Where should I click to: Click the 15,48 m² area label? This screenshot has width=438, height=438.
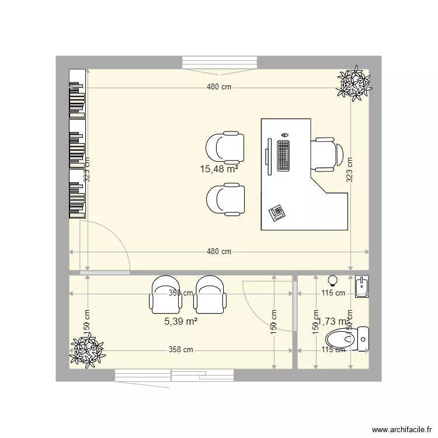point(220,169)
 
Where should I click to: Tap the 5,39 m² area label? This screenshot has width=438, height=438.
point(180,320)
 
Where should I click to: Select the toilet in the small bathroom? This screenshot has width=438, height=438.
point(348,339)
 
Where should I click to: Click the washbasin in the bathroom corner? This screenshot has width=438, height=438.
point(362,287)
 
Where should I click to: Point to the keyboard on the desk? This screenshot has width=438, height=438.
point(284,156)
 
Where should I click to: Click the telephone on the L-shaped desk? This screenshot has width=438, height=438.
point(277,212)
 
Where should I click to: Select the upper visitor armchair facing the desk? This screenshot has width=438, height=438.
point(225,147)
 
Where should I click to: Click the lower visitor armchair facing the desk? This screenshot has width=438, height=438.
point(225,200)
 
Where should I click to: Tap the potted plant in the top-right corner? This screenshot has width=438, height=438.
point(353,83)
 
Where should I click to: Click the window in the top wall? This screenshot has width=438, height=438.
point(220,62)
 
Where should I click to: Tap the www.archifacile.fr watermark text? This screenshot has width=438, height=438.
point(399,429)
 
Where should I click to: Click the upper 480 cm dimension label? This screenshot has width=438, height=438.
point(219,87)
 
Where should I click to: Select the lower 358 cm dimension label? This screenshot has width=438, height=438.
point(180,350)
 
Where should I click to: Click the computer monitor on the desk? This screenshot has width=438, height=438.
point(268,156)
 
